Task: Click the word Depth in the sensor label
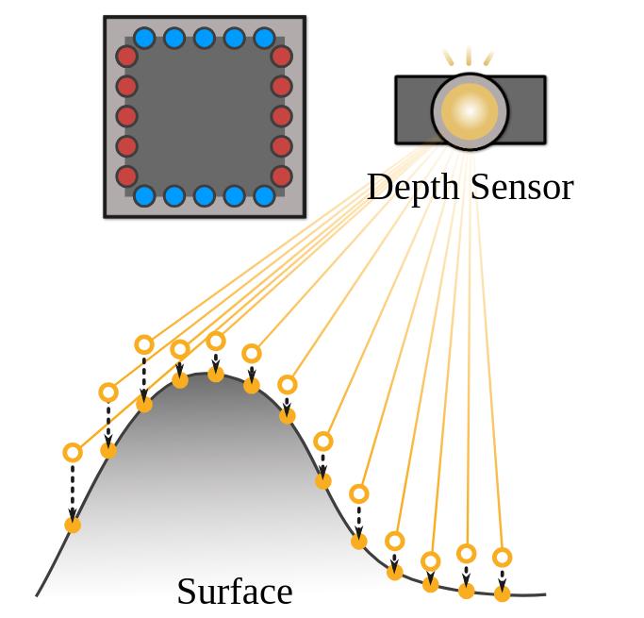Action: tap(409, 188)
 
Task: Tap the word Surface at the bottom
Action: tap(234, 592)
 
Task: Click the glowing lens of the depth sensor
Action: tap(470, 111)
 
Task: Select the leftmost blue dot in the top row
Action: tap(144, 39)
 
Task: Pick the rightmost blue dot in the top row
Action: tap(264, 39)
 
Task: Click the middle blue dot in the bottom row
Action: tap(204, 196)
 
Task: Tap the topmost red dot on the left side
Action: tap(126, 57)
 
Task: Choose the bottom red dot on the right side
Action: tap(281, 176)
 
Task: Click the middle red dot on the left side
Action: tap(126, 117)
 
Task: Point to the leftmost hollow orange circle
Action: tap(73, 453)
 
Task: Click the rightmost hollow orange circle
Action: tap(503, 558)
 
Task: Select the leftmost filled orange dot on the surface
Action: tap(73, 525)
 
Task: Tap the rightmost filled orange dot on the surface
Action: tap(503, 594)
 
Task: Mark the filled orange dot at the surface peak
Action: tap(216, 375)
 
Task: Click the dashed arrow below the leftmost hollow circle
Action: tap(73, 490)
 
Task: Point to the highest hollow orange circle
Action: tap(216, 341)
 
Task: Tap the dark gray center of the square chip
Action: tap(204, 117)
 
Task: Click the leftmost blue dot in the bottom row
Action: tap(144, 196)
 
